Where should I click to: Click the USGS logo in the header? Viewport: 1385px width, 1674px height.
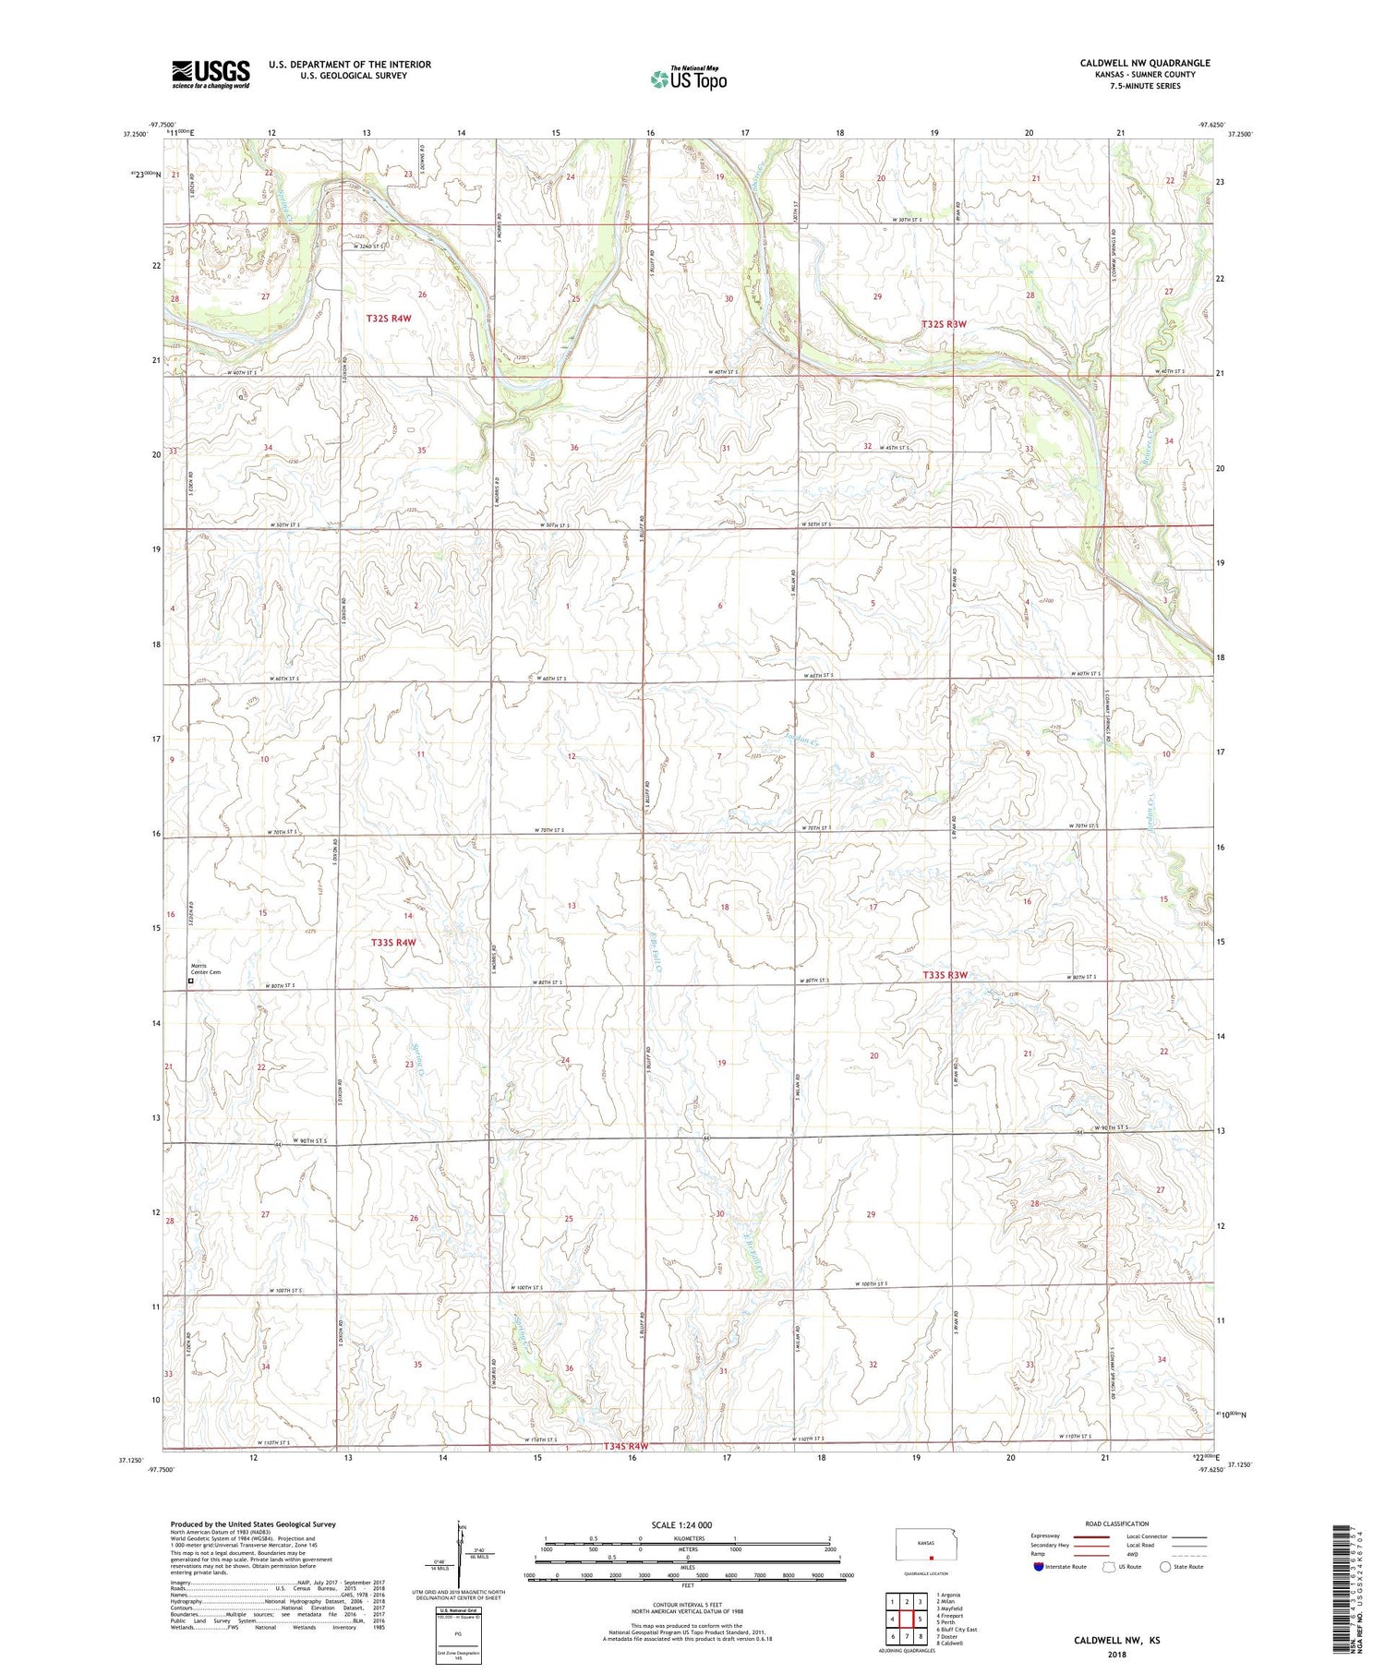211,74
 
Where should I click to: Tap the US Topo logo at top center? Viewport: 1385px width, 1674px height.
688,79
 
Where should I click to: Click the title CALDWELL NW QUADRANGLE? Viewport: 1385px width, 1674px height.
1145,63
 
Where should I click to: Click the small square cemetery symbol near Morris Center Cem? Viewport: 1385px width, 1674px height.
191,982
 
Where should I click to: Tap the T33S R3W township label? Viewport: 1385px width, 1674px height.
945,975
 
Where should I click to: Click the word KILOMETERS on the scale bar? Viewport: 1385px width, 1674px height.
689,1538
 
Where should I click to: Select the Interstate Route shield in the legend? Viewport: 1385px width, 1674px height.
1039,1566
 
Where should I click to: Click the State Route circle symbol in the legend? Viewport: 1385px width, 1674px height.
1166,1566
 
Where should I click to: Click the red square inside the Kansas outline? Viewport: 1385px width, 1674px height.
932,1554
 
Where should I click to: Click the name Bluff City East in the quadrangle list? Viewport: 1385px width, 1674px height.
957,1630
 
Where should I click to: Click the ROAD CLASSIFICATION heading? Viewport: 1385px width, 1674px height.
1117,1523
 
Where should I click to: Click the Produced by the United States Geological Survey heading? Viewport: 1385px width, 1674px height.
253,1524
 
